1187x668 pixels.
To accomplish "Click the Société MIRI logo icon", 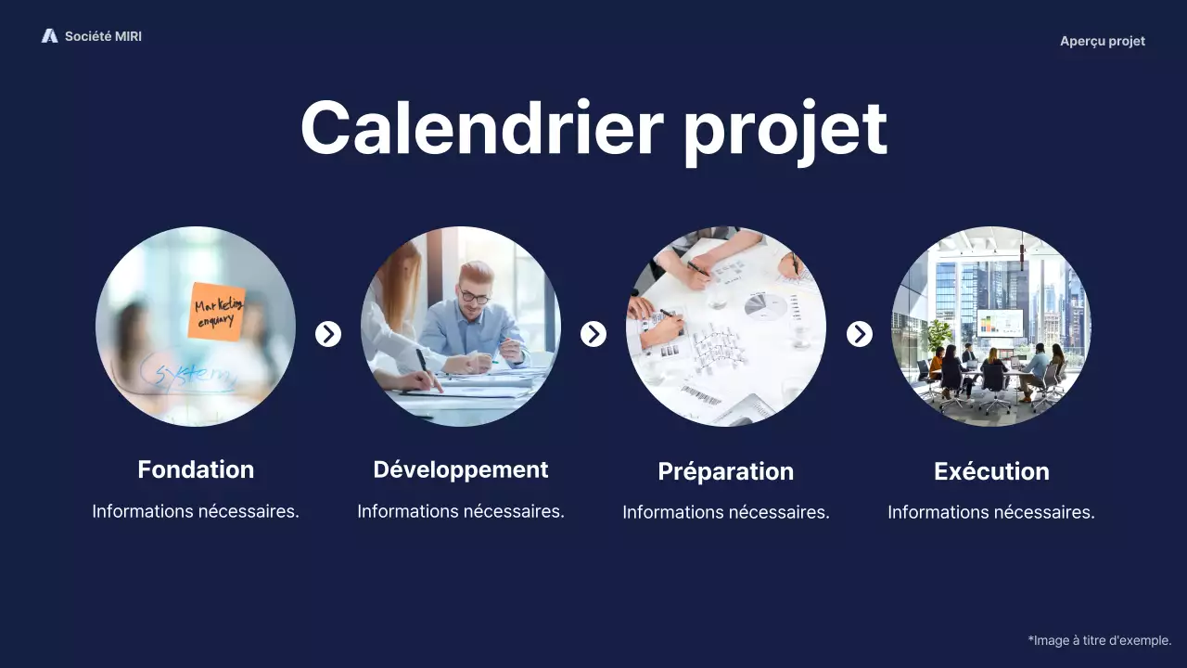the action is (50, 36).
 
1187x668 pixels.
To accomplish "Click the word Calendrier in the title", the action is (482, 128).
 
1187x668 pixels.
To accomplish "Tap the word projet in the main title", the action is (785, 133).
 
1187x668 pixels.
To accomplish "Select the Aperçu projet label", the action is (1103, 42).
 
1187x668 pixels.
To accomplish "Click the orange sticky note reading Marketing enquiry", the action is (217, 312).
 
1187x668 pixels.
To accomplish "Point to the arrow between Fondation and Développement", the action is (328, 334).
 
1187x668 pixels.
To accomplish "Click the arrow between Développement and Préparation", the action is (593, 334).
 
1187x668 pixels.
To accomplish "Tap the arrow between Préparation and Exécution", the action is (859, 334).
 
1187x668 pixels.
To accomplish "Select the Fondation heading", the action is (196, 469).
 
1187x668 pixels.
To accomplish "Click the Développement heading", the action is (461, 470).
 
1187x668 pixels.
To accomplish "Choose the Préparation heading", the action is (726, 472).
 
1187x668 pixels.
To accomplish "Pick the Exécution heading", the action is (991, 471).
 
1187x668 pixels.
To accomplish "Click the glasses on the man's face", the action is (474, 296).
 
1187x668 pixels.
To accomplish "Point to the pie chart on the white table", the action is (766, 306).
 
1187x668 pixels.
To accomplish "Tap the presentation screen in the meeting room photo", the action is (1000, 322).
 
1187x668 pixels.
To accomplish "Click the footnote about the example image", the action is (1100, 640).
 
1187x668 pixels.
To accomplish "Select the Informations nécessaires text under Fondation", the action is (196, 511).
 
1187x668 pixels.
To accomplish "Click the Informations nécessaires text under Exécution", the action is (991, 513).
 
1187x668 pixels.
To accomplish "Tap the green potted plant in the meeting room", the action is (938, 337).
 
